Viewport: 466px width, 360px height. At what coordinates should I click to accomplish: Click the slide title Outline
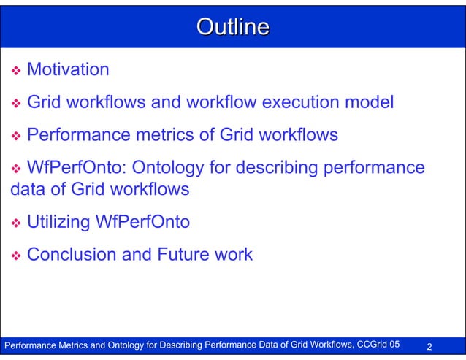click(233, 28)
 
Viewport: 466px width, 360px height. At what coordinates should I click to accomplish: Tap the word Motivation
click(68, 70)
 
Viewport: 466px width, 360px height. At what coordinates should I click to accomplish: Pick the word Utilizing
click(58, 222)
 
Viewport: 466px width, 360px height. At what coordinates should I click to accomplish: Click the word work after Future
click(232, 255)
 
